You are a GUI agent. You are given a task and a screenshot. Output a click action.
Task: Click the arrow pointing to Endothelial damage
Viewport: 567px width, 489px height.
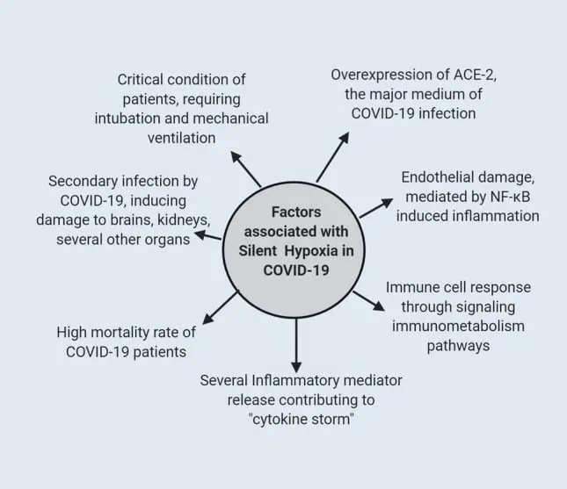pos(376,207)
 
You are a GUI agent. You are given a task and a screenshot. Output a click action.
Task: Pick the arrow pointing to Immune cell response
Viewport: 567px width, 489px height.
pos(367,300)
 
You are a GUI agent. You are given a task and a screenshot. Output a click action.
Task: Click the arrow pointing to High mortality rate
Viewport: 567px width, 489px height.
pos(220,306)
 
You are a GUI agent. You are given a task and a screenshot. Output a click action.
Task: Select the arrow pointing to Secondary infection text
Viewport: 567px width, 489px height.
pos(209,235)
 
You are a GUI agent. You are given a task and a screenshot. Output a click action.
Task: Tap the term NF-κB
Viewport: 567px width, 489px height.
pos(505,196)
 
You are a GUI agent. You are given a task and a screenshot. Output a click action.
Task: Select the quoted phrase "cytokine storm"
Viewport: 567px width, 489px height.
pos(301,418)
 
